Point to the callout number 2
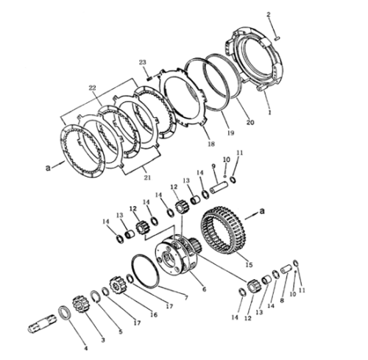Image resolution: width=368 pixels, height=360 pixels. [x=269, y=15]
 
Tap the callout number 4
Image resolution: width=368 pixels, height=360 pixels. [x=85, y=347]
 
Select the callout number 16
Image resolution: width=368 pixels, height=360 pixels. [x=154, y=314]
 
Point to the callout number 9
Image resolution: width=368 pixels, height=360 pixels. [x=214, y=166]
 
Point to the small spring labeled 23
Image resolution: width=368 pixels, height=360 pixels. [x=149, y=75]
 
